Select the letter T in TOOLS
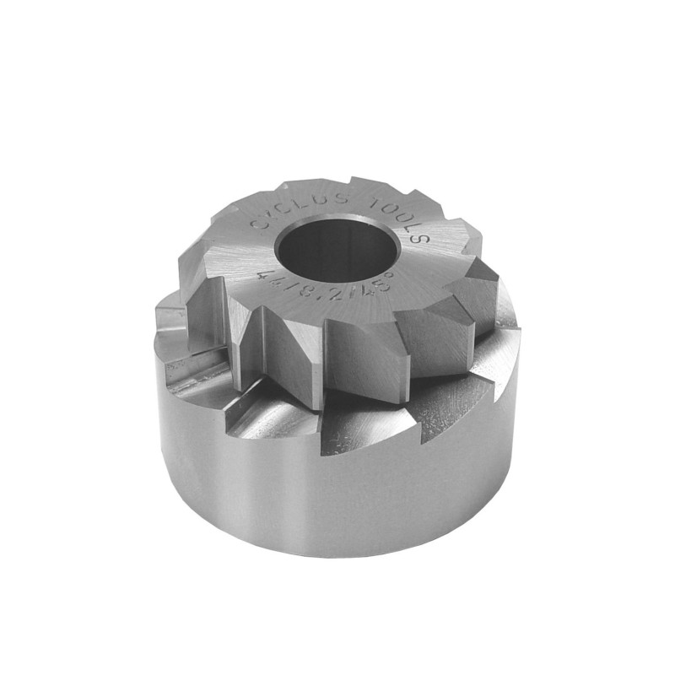pos(374,205)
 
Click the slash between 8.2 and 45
pos(346,290)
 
